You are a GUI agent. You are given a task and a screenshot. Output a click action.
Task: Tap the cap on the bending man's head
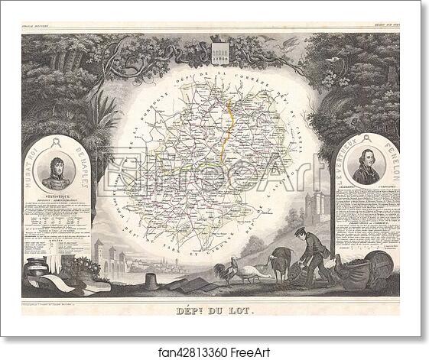[x=301, y=229]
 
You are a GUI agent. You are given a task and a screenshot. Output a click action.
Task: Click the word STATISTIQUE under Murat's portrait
[x=56, y=196]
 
